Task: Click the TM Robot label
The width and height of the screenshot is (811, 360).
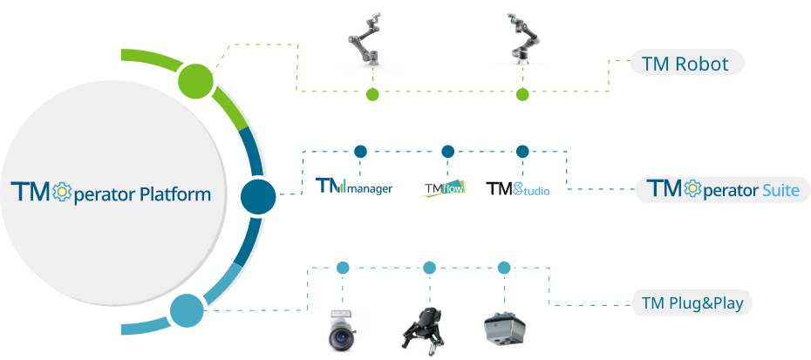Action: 691,64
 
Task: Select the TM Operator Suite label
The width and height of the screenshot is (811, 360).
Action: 723,189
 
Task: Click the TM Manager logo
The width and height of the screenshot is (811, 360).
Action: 354,187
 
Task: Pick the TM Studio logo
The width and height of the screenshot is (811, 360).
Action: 518,188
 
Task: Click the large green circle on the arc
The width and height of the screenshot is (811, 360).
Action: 196,81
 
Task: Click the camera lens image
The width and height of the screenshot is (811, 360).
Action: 341,330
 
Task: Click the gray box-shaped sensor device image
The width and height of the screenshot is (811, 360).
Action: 503,328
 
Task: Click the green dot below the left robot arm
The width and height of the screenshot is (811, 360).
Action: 372,95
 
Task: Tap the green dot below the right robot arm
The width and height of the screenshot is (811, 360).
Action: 521,95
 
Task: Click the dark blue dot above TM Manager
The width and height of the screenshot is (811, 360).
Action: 359,152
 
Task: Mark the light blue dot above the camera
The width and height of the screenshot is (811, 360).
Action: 343,267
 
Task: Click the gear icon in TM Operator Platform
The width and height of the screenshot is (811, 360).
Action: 62,192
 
